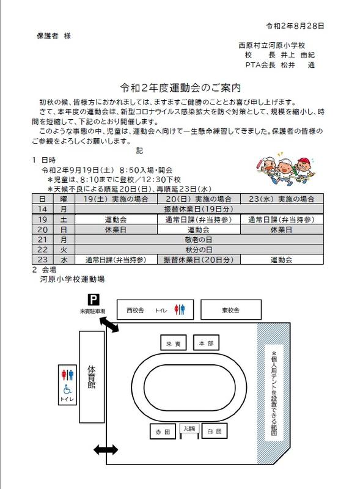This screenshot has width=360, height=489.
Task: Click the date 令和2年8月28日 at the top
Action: (295, 26)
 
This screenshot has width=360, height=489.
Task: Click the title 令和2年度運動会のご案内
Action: (181, 88)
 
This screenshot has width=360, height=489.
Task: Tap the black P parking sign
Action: (94, 300)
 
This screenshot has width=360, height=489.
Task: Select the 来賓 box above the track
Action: (174, 342)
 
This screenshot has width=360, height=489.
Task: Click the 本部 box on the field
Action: (206, 342)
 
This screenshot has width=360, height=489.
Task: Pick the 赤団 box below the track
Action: (163, 432)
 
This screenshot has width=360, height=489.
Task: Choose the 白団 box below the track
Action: (215, 431)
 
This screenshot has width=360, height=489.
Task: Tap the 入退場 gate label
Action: (189, 428)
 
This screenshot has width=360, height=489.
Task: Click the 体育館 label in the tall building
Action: (92, 377)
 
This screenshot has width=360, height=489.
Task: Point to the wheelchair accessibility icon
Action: (67, 389)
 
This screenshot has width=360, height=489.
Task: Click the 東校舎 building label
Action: (230, 310)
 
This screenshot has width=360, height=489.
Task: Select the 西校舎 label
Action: (135, 310)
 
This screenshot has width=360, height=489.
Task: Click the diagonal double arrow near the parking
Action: (109, 325)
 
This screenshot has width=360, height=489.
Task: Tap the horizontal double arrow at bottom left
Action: (106, 449)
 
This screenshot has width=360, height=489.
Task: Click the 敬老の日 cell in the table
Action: (199, 240)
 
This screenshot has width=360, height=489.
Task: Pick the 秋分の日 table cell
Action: (199, 249)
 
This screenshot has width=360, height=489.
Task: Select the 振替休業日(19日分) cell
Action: (199, 209)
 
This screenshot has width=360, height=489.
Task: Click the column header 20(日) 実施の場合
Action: (199, 199)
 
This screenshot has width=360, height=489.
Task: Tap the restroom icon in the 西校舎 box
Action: (179, 309)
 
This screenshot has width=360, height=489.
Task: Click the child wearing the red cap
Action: (304, 171)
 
